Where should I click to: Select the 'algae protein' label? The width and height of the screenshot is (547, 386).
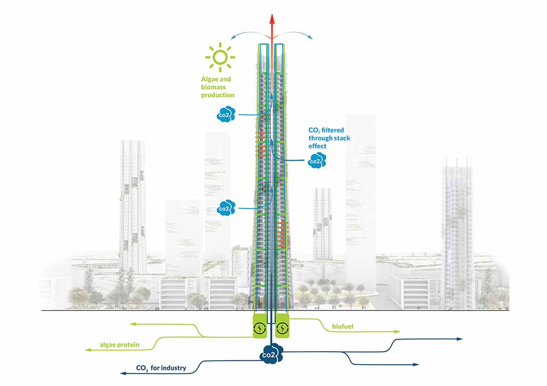120,345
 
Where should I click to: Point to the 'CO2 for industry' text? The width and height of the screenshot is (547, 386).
161,368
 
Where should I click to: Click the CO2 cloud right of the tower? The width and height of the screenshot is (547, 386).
317,160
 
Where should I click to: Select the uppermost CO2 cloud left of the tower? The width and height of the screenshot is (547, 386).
226,114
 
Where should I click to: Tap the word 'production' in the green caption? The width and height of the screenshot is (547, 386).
217,95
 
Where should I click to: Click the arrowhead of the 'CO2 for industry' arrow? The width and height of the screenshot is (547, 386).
122,372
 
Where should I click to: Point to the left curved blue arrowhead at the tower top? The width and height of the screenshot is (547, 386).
232,37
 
